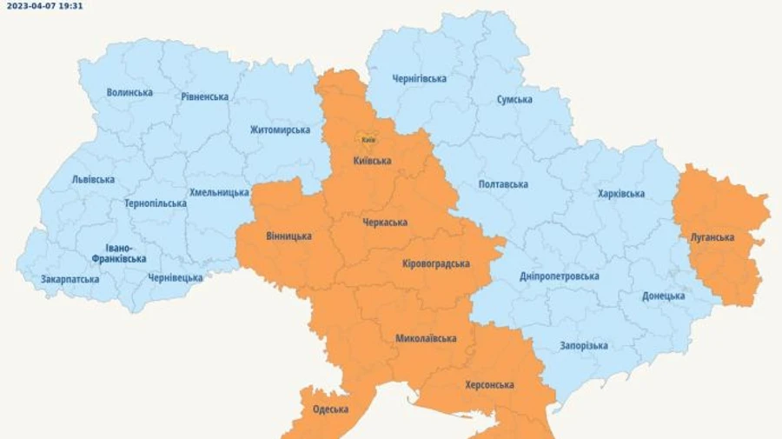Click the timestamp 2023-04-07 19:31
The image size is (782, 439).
44,5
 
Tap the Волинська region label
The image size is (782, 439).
129,92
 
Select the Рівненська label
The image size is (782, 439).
205,96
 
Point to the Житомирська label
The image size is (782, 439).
280,130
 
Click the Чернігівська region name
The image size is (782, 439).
419,78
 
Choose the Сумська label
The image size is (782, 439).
514,99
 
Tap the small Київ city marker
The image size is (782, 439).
368,139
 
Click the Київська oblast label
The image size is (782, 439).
373,161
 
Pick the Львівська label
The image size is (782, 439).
93,179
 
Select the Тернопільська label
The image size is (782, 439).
155,203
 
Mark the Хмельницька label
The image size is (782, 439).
219,192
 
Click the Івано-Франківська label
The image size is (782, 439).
120,252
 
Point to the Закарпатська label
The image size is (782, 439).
70,279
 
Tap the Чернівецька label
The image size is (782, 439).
175,277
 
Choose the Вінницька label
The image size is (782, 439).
288,236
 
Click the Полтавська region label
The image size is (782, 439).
503,184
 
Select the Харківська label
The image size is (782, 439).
621,194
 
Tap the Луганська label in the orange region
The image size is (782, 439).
712,237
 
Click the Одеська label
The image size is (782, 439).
330,409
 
